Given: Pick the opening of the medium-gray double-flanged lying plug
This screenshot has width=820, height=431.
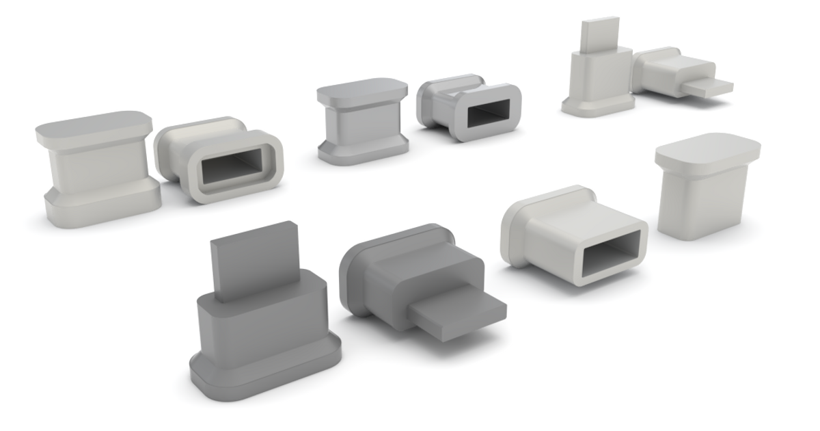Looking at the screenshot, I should [x=488, y=114].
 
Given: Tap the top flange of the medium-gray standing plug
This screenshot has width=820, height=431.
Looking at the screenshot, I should [x=361, y=92].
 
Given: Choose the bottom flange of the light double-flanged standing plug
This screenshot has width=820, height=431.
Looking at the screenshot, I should [x=102, y=205].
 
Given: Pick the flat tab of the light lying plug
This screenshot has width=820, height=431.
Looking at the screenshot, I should [x=707, y=88].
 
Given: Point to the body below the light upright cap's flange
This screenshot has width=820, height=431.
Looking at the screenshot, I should [x=704, y=202].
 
